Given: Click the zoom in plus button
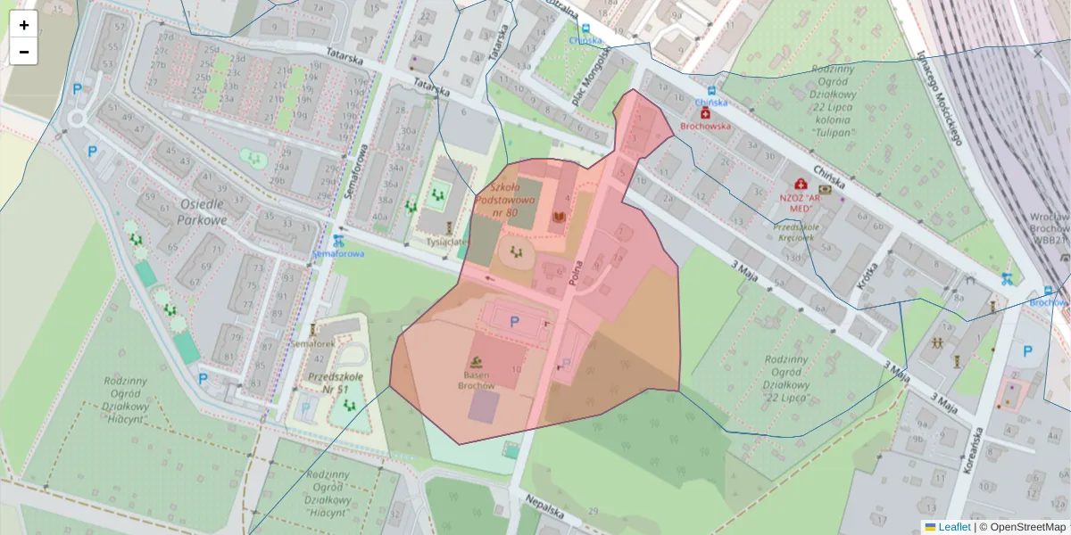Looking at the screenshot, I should pyautogui.click(x=24, y=25).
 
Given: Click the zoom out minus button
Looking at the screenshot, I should pyautogui.click(x=24, y=52).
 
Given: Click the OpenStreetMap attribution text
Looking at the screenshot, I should pyautogui.click(x=1026, y=527).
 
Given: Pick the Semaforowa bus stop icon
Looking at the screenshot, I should pyautogui.click(x=337, y=240).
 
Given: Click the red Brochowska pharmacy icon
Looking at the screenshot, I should pyautogui.click(x=705, y=113).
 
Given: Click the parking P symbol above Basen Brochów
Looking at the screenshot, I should pyautogui.click(x=513, y=322).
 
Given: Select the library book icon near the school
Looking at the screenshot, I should pyautogui.click(x=560, y=217).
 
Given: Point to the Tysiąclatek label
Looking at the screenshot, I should pyautogui.click(x=447, y=242).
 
